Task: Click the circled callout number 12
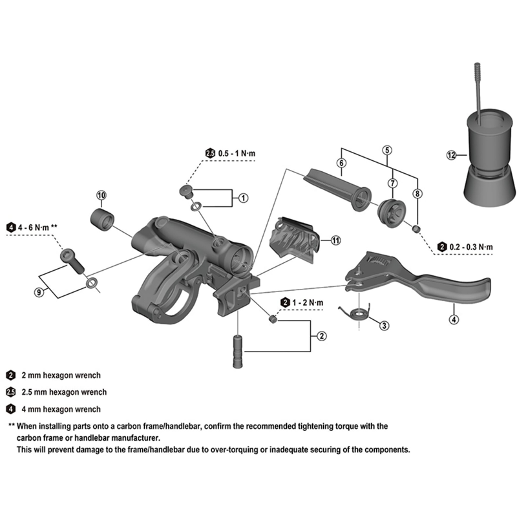click(x=451, y=154)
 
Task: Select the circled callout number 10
click(x=101, y=195)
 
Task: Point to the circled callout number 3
click(x=383, y=325)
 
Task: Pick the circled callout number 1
click(x=242, y=198)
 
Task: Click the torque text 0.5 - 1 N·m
click(x=237, y=153)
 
